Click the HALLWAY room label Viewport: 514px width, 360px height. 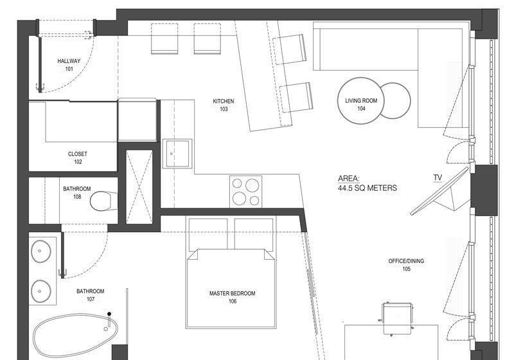[69, 61]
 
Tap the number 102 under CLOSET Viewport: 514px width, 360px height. [78, 161]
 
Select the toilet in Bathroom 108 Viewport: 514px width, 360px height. [103, 201]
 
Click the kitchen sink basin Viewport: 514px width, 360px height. [177, 154]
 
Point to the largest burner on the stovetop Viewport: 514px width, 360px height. [252, 185]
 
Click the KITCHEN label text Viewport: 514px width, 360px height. [224, 102]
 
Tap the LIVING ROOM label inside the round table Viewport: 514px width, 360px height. [361, 101]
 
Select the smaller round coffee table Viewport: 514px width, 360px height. [396, 101]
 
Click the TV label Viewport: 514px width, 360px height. [438, 177]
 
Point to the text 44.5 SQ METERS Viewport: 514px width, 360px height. [368, 188]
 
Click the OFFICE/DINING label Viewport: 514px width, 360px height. [406, 261]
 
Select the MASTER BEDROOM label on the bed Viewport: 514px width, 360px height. [232, 293]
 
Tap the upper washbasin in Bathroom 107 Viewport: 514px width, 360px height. [41, 251]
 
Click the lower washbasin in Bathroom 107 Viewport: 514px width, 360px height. [41, 291]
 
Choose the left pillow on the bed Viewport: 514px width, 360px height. [208, 234]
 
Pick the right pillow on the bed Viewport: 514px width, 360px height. [254, 234]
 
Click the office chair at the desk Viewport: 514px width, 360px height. [396, 318]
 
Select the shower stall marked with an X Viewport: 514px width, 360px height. [139, 187]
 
